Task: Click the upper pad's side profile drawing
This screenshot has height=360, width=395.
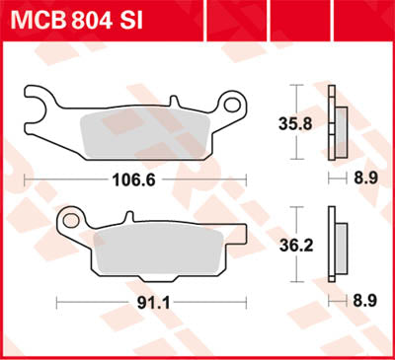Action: click(x=338, y=122)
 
